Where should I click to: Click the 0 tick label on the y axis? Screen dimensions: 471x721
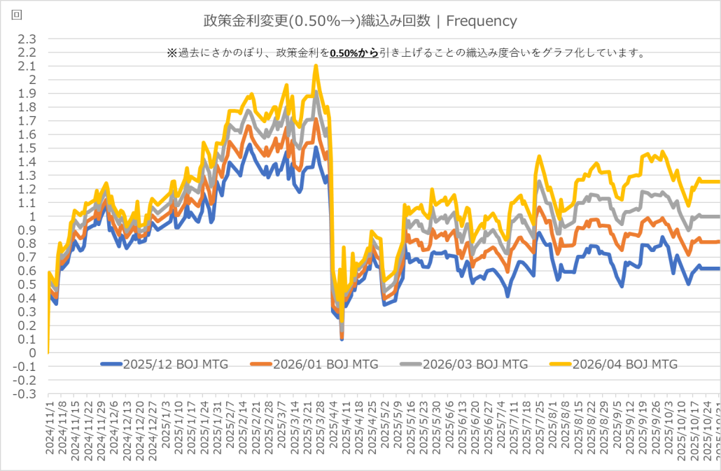32,353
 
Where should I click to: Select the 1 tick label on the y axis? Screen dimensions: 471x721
32,217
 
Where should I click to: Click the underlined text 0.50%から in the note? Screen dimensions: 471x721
353,53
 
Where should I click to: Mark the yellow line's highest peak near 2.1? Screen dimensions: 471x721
316,66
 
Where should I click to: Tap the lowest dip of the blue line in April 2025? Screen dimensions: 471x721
342,339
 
